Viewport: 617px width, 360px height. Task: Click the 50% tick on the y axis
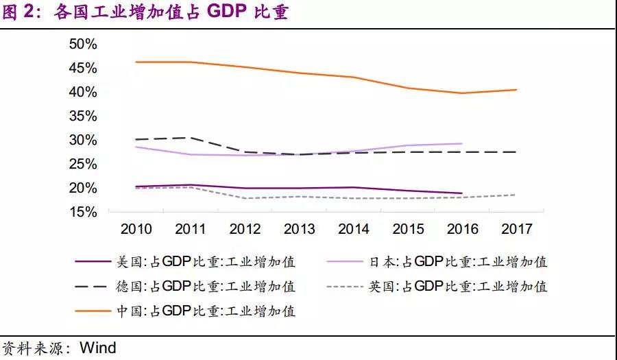click(x=83, y=44)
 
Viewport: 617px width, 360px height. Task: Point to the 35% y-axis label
click(x=83, y=116)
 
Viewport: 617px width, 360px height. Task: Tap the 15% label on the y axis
click(x=83, y=212)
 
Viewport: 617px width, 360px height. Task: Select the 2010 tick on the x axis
click(x=136, y=228)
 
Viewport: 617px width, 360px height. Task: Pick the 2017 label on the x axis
click(x=517, y=228)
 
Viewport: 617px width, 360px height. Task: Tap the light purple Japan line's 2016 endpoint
click(x=461, y=144)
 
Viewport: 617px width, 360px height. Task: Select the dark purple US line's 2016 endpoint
click(x=461, y=193)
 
